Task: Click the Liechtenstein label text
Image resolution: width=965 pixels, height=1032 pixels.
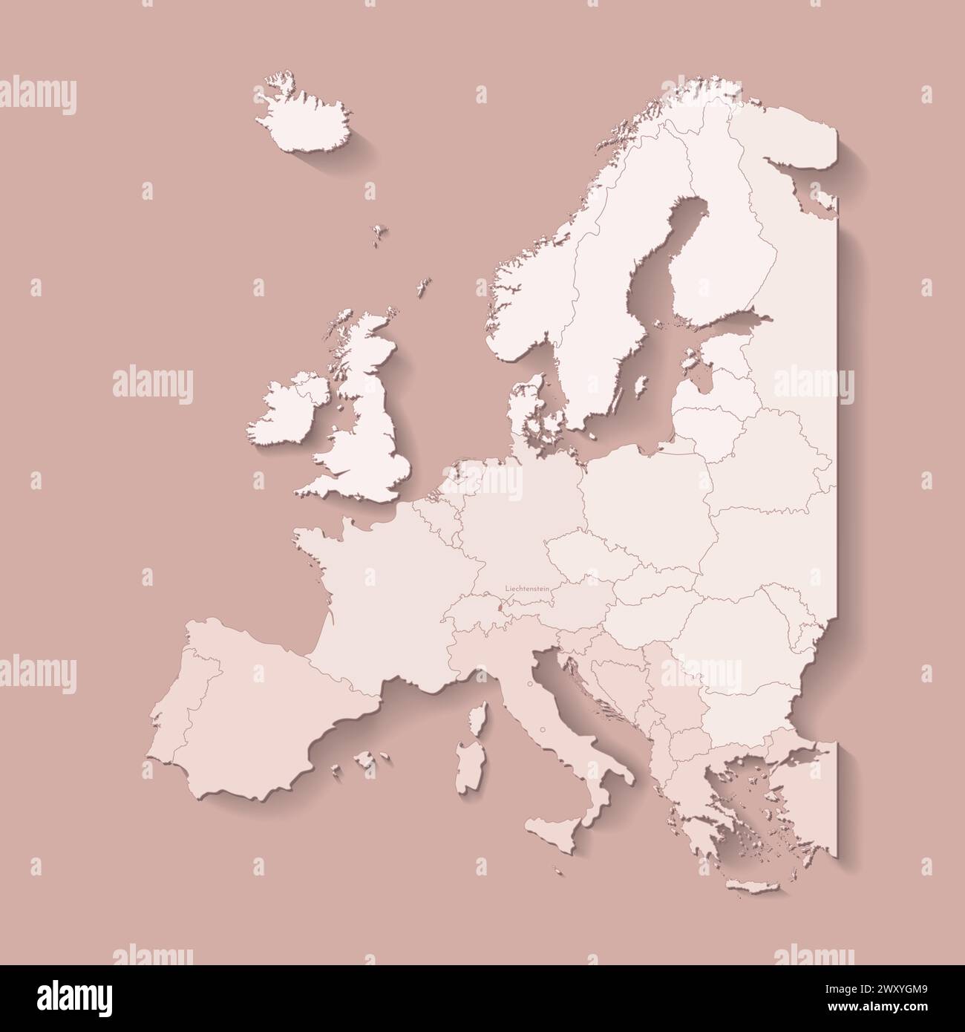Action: coord(527,587)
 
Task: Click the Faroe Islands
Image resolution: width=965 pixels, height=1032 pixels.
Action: coord(380,232)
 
